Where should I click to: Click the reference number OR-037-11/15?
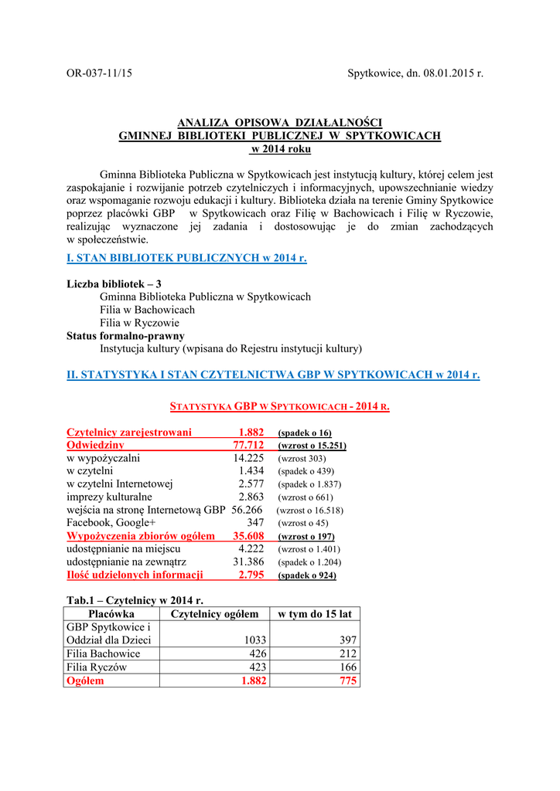click(99, 73)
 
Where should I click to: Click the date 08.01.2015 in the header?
click(444, 73)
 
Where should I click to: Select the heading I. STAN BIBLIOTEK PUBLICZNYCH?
click(186, 258)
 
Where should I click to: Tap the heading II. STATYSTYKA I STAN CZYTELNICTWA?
click(273, 375)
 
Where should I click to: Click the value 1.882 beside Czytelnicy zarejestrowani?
click(251, 433)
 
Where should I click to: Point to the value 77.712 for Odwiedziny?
click(248, 446)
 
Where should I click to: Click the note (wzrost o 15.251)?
click(312, 446)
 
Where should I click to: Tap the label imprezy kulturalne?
click(109, 497)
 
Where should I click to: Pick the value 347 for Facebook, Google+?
click(255, 523)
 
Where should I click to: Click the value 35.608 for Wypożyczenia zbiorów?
click(248, 536)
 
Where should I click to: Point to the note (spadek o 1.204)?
click(309, 562)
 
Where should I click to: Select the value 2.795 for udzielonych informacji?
click(251, 575)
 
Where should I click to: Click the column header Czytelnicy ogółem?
click(214, 614)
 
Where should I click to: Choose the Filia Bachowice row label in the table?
click(104, 654)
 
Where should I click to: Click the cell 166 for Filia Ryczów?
click(347, 667)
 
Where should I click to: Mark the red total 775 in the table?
click(347, 681)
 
